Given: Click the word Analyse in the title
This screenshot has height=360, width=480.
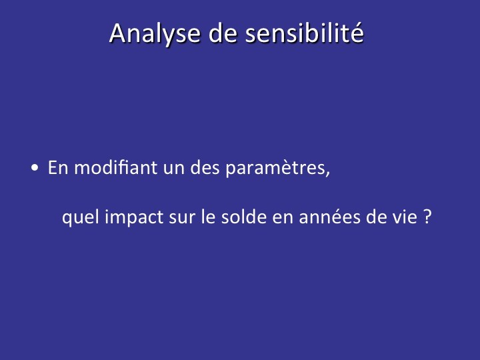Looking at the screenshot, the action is [x=155, y=34].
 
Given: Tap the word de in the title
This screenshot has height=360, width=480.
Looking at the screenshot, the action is [x=223, y=33].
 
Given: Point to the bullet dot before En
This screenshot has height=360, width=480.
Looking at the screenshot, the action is [x=35, y=168].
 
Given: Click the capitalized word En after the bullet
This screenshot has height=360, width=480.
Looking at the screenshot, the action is [x=58, y=167].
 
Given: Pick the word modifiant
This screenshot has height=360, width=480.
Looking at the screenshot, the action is [x=116, y=167].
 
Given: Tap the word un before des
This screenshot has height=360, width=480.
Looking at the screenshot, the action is [x=173, y=169].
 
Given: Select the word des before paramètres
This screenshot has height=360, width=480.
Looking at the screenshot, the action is [x=205, y=167].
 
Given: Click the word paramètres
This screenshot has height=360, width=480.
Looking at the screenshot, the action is [x=275, y=169].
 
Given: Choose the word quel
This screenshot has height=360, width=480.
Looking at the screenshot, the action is [x=81, y=217].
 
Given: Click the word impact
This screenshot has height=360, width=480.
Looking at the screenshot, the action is [x=134, y=217].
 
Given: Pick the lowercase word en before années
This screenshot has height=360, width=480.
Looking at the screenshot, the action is [x=283, y=219].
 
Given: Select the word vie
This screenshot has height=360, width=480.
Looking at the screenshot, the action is [x=404, y=217].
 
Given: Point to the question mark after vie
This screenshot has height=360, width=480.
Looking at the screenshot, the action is [x=427, y=217].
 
